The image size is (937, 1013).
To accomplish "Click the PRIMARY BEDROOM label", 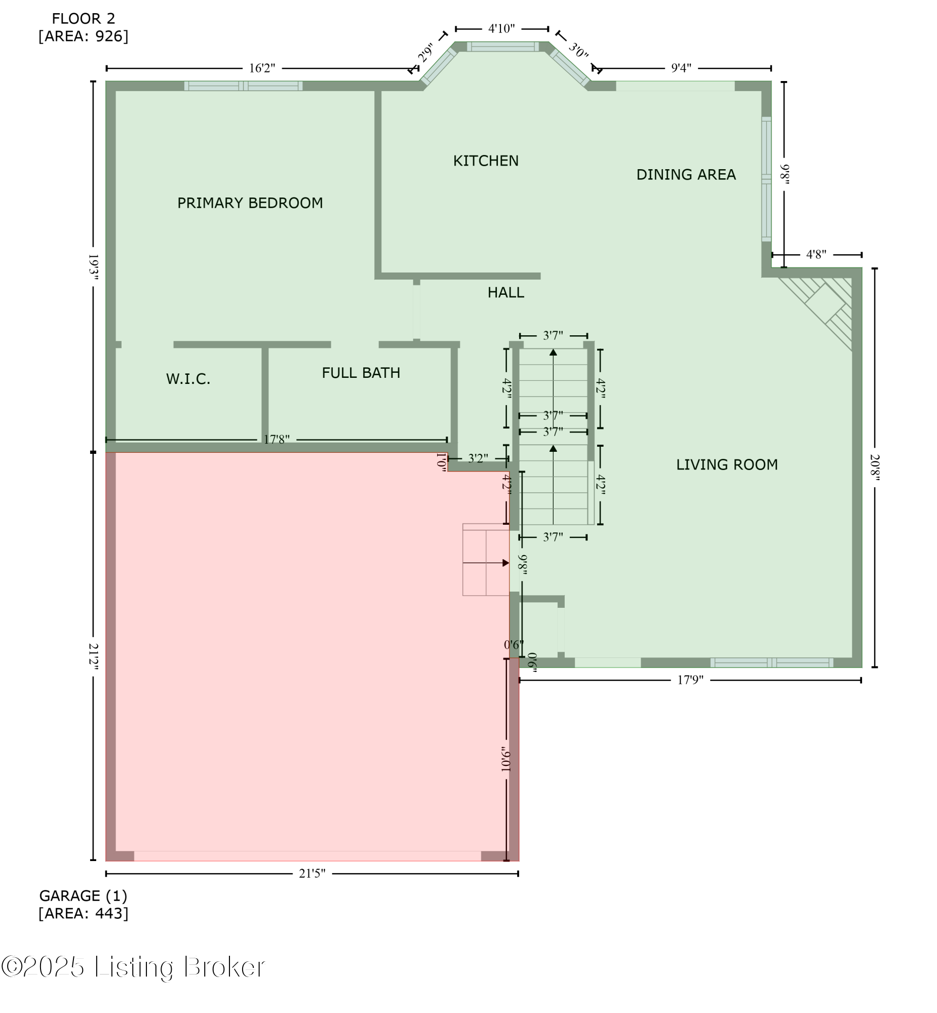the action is [250, 203].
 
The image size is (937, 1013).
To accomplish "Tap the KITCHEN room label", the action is [486, 161].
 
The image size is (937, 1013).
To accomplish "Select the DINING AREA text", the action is [686, 175].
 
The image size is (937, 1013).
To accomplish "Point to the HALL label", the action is [506, 293].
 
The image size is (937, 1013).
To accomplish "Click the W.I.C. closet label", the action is [188, 379].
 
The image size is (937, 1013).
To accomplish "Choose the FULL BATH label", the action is [361, 373].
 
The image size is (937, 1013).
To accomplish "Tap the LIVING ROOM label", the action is [727, 465].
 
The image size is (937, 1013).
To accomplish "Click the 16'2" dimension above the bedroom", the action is [262, 68].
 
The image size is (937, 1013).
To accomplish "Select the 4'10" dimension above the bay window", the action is [501, 29].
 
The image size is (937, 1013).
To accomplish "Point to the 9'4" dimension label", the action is [681, 68].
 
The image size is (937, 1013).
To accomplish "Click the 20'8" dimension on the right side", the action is [875, 467].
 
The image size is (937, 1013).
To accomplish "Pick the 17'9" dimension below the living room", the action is [690, 680].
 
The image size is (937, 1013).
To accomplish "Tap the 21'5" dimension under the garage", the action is [313, 874].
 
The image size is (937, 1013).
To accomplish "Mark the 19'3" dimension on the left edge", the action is [93, 267].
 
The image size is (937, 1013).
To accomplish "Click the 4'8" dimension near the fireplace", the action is [816, 255].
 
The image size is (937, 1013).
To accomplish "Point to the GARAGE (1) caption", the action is [84, 897].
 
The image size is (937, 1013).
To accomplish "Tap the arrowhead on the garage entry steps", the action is [505, 563].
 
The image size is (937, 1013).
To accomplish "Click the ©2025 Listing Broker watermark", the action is [133, 968].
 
